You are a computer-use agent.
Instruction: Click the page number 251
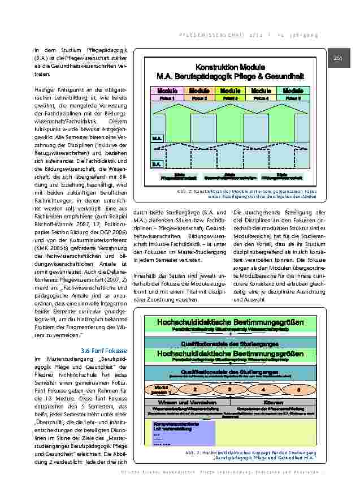(339, 58)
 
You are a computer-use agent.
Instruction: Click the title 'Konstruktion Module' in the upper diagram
(230, 67)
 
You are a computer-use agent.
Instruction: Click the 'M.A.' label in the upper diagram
(157, 137)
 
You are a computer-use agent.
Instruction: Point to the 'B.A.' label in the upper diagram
(157, 164)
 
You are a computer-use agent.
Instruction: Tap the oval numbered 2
(195, 390)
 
